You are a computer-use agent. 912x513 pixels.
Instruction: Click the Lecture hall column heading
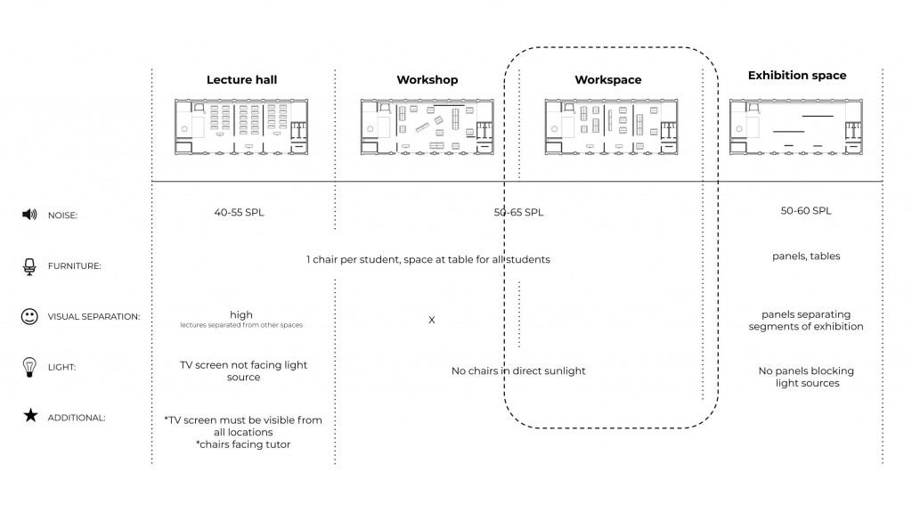[x=241, y=80]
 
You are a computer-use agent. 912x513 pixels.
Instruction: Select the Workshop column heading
[x=427, y=80]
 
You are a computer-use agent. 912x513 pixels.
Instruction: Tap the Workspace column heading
[x=607, y=80]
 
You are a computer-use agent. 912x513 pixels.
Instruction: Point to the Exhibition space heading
[x=796, y=76]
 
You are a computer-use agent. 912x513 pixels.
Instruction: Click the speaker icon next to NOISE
[x=29, y=215]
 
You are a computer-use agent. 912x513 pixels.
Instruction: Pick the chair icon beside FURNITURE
[x=29, y=265]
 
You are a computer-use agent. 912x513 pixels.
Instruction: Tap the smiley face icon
[x=29, y=316]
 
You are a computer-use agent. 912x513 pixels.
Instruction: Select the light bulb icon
[x=29, y=366]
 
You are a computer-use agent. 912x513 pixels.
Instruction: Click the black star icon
[x=29, y=416]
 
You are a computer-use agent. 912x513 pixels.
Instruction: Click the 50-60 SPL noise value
[x=805, y=211]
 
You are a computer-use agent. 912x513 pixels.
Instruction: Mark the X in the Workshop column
[x=432, y=320]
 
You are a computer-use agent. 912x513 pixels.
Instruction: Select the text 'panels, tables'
[x=805, y=256]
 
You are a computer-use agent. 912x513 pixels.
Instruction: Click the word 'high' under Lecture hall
[x=241, y=314]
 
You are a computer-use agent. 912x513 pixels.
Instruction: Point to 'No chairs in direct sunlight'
[x=518, y=370]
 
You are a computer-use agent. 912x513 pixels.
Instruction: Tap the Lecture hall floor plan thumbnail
[x=241, y=127]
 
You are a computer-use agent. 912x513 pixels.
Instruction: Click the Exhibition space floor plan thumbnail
[x=796, y=127]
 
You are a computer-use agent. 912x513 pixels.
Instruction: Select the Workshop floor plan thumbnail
[x=427, y=127]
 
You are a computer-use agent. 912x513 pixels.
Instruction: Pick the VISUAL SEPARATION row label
[x=94, y=317]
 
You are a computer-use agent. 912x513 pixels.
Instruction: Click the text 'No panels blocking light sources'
[x=805, y=377]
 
